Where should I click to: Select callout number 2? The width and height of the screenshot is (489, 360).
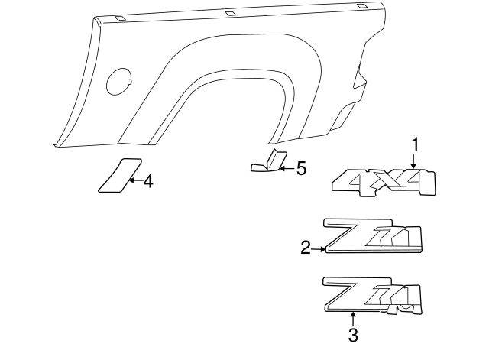pyautogui.click(x=305, y=247)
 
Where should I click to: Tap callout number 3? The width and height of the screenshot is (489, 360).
pyautogui.click(x=352, y=334)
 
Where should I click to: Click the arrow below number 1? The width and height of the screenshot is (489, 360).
pyautogui.click(x=413, y=161)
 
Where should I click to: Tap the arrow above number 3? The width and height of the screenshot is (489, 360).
pyautogui.click(x=352, y=318)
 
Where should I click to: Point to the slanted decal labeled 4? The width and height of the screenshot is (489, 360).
pyautogui.click(x=118, y=175)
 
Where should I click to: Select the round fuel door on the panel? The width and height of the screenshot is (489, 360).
pyautogui.click(x=118, y=81)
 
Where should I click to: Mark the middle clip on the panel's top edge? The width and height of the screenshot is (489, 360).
pyautogui.click(x=230, y=13)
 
